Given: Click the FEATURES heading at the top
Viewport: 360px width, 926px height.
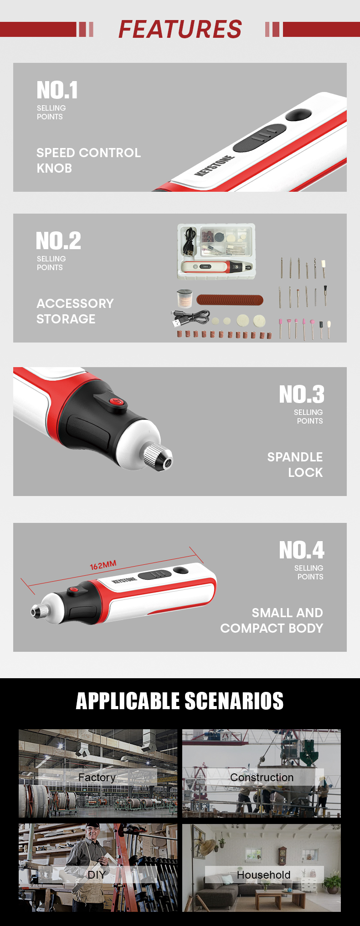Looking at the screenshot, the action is pyautogui.click(x=180, y=29).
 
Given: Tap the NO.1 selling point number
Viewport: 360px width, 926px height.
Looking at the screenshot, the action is pyautogui.click(x=57, y=90).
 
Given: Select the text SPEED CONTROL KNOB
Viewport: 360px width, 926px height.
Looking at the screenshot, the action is pyautogui.click(x=88, y=160).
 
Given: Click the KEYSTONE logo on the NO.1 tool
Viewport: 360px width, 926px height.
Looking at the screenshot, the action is pyautogui.click(x=215, y=166).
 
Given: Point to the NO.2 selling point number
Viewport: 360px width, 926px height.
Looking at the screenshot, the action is pyautogui.click(x=59, y=240).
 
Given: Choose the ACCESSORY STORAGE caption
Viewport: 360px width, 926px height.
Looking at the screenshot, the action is pyautogui.click(x=75, y=311).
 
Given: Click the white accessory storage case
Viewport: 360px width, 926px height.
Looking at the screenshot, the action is pyautogui.click(x=216, y=251).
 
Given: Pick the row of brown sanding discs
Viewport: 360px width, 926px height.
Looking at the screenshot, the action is pyautogui.click(x=230, y=300).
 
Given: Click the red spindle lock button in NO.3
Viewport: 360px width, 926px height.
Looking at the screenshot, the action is pyautogui.click(x=117, y=401).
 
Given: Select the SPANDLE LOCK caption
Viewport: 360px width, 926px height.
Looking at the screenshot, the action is pyautogui.click(x=295, y=465).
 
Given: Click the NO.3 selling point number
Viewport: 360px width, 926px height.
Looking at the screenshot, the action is pyautogui.click(x=302, y=394).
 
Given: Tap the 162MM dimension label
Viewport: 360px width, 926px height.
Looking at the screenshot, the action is pyautogui.click(x=103, y=565).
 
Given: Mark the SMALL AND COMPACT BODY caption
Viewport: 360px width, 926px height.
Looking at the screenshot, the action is pyautogui.click(x=272, y=620).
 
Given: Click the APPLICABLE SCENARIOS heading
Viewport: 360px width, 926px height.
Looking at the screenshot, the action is pyautogui.click(x=180, y=701).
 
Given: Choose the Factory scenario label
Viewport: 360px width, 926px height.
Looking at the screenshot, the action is pyautogui.click(x=97, y=778).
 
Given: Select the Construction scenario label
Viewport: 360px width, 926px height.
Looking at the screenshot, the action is pyautogui.click(x=262, y=778).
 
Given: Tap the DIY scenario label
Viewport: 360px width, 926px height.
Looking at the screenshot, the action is pyautogui.click(x=96, y=875).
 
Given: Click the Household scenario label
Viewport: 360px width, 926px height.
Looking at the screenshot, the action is pyautogui.click(x=264, y=875).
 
